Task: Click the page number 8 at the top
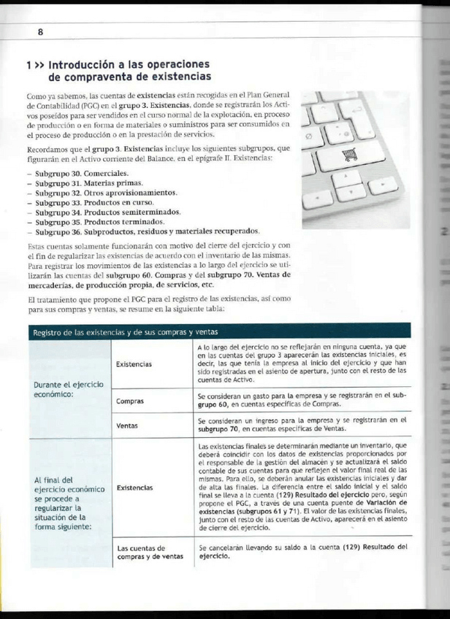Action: tap(41, 32)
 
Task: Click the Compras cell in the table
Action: tap(130, 401)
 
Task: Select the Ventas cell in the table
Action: tap(128, 425)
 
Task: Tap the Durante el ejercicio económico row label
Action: tap(66, 388)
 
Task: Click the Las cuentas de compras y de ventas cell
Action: tap(150, 552)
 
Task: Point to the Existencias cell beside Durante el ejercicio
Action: tap(134, 364)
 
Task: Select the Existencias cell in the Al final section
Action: tap(134, 487)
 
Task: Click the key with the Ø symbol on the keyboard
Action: tap(307, 134)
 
